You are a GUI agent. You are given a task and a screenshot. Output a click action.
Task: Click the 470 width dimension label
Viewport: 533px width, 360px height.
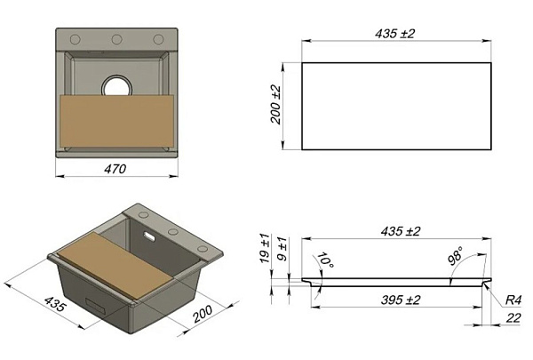[115, 169]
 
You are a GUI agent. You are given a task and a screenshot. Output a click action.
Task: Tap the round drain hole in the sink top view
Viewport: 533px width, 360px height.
[117, 86]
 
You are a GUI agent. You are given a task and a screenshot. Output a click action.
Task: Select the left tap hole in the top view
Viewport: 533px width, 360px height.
[76, 39]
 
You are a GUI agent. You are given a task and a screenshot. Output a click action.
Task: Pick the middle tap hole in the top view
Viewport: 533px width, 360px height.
[116, 39]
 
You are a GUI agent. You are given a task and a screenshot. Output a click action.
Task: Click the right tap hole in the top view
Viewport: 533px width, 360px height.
[158, 39]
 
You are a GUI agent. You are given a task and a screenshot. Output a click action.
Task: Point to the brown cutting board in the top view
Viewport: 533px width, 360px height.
[117, 121]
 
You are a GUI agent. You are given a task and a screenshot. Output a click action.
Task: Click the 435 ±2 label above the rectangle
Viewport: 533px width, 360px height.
[395, 34]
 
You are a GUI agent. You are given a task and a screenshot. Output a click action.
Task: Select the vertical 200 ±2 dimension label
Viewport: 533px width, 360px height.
[276, 105]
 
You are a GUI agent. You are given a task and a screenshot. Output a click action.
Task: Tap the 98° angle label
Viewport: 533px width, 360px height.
[455, 257]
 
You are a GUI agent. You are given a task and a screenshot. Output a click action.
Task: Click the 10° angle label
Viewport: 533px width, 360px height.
[325, 260]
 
